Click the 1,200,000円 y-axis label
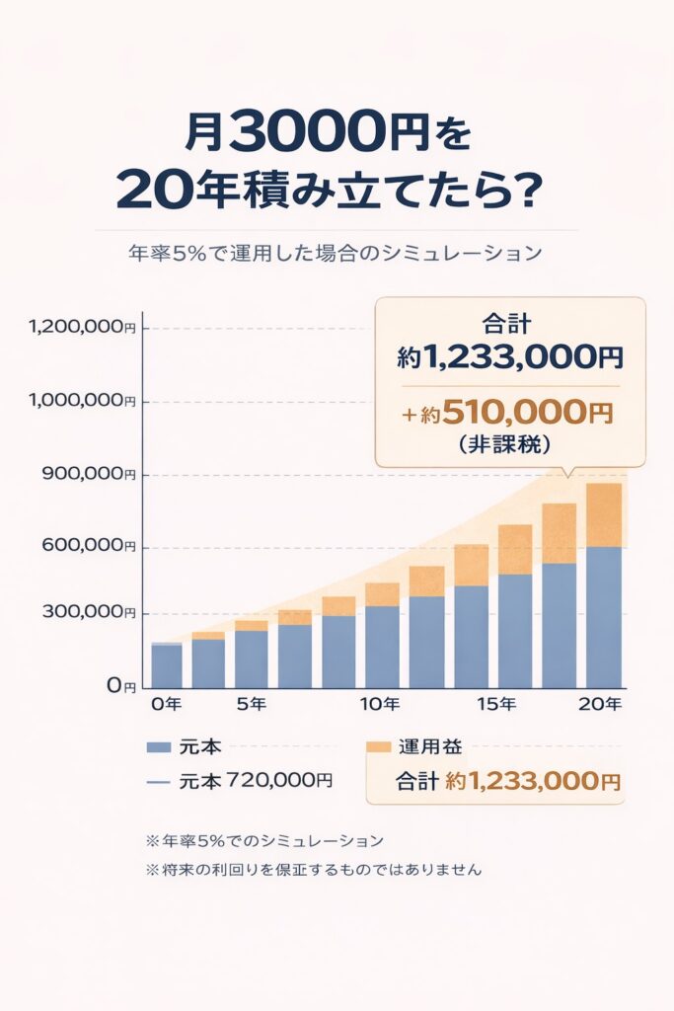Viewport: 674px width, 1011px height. [83, 328]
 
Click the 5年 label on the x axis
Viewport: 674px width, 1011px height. [251, 704]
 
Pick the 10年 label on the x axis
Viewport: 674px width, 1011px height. [379, 704]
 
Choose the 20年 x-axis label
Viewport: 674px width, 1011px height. [600, 704]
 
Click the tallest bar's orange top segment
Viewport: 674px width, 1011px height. [604, 514]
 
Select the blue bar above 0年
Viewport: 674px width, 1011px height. [167, 665]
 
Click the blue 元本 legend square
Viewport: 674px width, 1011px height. [158, 747]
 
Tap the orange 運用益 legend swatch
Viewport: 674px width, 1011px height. [379, 747]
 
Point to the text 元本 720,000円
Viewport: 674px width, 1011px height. [256, 780]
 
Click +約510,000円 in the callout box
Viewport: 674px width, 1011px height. [507, 413]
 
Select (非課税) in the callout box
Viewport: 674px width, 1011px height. [508, 444]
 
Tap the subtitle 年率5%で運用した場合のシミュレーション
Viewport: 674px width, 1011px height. [336, 253]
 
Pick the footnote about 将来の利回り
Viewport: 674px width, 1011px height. [314, 871]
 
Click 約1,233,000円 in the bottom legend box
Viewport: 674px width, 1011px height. [533, 781]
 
